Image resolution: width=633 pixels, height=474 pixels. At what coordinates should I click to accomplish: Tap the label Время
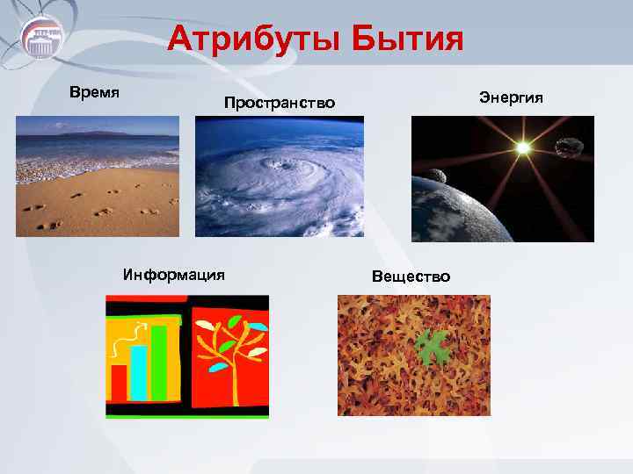click(x=94, y=91)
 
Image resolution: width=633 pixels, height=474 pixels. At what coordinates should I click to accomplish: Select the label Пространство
click(x=280, y=104)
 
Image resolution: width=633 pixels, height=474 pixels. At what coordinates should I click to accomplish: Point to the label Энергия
click(x=511, y=96)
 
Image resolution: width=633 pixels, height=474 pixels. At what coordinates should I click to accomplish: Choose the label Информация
click(x=174, y=274)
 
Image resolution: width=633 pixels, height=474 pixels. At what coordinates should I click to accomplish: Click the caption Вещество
click(x=411, y=276)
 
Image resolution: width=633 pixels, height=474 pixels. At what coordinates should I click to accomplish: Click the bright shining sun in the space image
click(x=523, y=147)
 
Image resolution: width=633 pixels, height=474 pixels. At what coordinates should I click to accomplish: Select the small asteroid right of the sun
click(x=571, y=149)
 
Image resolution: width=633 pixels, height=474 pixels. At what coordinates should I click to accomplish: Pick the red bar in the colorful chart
click(x=119, y=382)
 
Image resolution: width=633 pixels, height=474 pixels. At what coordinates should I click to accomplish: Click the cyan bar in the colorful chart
click(x=139, y=372)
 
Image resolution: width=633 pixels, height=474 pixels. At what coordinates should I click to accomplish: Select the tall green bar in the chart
click(x=159, y=362)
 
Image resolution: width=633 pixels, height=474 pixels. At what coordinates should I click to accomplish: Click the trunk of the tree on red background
click(x=230, y=369)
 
